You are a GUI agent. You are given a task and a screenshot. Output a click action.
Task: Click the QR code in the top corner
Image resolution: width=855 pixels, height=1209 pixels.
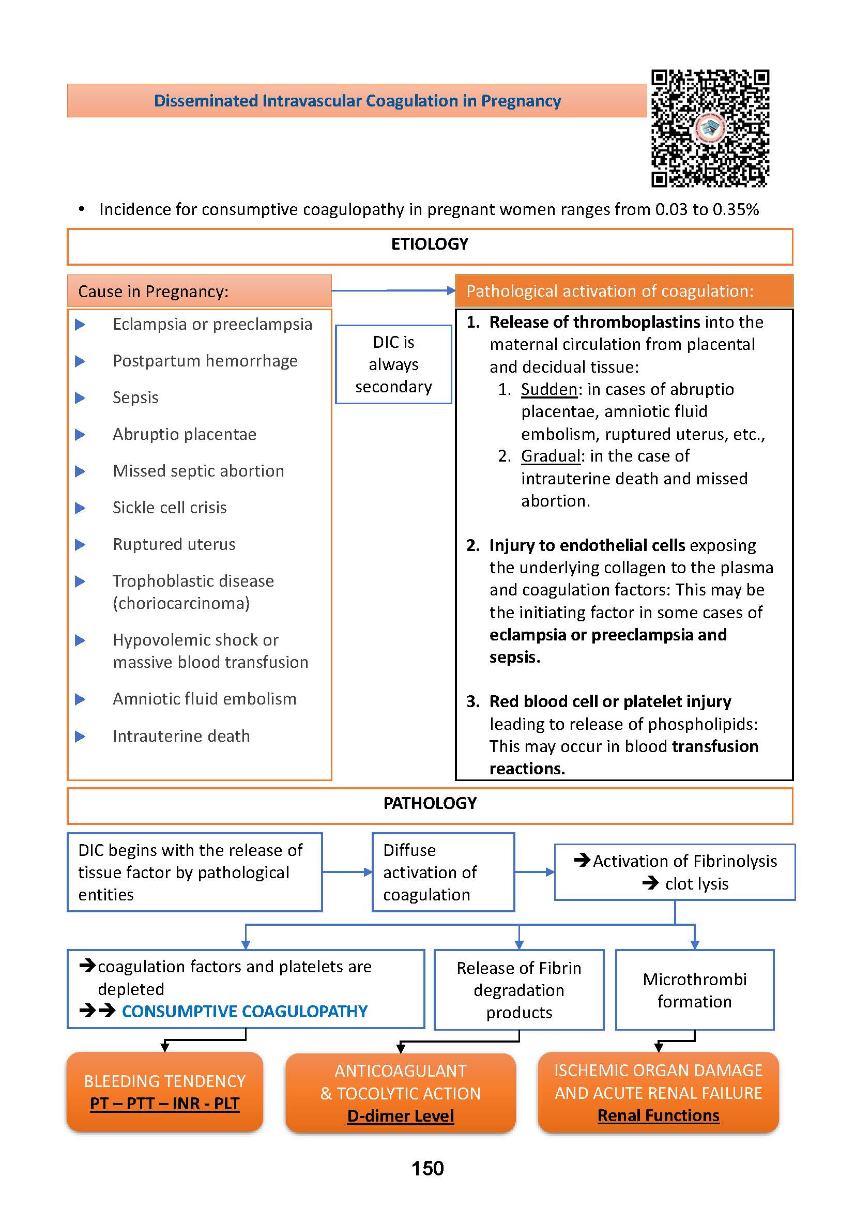[710, 129]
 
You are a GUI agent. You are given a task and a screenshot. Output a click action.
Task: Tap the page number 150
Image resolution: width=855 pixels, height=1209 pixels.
[427, 1168]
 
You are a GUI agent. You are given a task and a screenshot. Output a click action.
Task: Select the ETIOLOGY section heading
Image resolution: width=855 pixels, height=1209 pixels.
[430, 244]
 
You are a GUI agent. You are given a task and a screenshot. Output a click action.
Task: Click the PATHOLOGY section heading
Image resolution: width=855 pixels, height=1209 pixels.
[430, 803]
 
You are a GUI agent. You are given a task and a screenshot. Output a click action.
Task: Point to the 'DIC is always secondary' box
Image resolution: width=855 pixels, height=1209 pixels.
[393, 364]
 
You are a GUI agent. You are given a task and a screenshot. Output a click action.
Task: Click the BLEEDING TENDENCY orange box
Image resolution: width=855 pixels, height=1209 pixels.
[165, 1091]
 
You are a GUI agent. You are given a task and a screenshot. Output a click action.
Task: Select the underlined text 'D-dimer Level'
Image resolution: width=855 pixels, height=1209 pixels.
[400, 1115]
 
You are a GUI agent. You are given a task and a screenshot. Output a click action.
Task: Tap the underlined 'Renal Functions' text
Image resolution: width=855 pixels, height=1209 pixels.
[658, 1115]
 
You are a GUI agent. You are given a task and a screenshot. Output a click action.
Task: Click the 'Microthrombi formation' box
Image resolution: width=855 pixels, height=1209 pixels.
[694, 990]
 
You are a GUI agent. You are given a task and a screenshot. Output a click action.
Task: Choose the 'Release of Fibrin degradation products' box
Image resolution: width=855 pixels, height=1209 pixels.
[519, 990]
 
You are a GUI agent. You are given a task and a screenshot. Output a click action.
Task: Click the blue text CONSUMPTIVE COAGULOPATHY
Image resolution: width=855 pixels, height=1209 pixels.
[245, 1011]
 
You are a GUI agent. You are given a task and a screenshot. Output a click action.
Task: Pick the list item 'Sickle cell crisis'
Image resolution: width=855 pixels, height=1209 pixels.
[170, 508]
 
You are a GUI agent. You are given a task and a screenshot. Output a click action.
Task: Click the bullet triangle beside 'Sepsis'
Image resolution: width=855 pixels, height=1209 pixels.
[80, 397]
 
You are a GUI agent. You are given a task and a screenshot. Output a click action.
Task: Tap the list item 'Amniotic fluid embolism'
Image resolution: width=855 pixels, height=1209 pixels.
[204, 699]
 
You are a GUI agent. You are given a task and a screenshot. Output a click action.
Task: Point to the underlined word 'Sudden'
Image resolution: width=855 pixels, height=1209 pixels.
[549, 389]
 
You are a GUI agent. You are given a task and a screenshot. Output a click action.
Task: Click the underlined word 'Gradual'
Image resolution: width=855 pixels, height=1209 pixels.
[551, 456]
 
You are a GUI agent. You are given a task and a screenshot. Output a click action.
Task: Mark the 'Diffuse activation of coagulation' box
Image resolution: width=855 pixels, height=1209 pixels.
[443, 872]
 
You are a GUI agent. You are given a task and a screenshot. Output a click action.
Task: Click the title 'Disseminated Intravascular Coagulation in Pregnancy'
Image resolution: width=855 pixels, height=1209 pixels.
[357, 101]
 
